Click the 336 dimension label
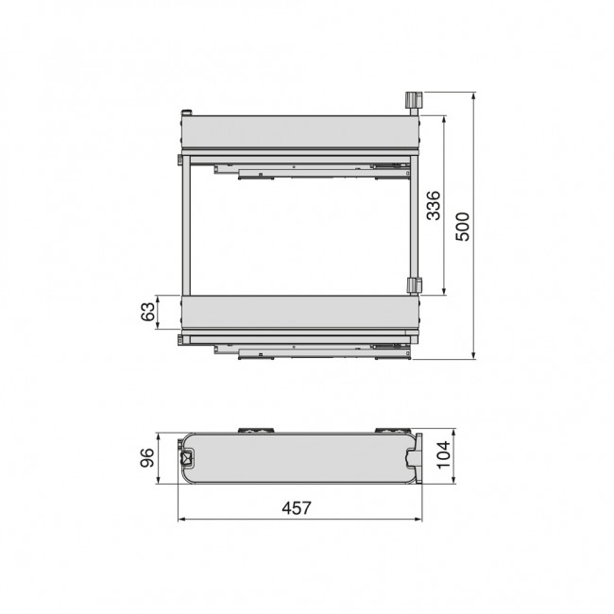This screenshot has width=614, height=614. click(433, 206)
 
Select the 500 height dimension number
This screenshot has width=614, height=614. click(462, 225)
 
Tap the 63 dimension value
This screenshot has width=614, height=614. click(148, 312)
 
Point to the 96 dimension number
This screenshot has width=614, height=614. click(147, 458)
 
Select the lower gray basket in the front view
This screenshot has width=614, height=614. click(298, 312)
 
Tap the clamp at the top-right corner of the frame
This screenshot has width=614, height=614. click(413, 101)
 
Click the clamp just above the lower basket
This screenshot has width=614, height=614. click(413, 285)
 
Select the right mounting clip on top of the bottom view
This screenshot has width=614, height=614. click(388, 430)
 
